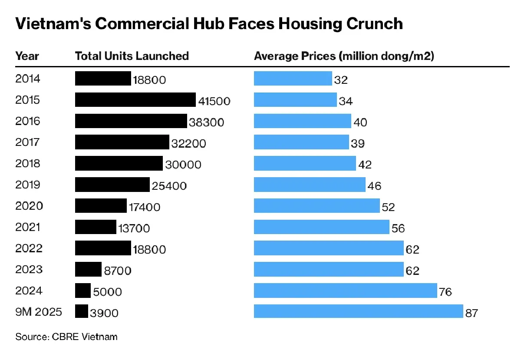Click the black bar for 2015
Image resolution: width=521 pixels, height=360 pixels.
135,99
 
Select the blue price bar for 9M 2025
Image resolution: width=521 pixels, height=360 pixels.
358,311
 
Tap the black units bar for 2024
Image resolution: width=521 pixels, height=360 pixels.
83,290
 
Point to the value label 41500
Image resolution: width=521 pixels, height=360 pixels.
214,101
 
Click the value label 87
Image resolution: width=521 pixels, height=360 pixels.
471,313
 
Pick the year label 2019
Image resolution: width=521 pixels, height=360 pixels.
27,185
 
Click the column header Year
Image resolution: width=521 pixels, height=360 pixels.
27,56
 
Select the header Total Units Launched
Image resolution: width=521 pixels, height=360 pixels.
132,56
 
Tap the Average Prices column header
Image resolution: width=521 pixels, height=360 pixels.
344,56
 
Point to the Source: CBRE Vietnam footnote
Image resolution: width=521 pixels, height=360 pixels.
66,337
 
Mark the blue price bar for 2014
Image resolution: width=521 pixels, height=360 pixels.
293,79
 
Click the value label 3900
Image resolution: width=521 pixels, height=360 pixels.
104,313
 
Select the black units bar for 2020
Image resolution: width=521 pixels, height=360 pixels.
101,205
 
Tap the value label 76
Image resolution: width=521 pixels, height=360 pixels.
445,292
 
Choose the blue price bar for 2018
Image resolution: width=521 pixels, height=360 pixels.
305,163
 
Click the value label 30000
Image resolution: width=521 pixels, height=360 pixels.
183,165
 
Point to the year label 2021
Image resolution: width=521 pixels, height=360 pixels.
27,227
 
